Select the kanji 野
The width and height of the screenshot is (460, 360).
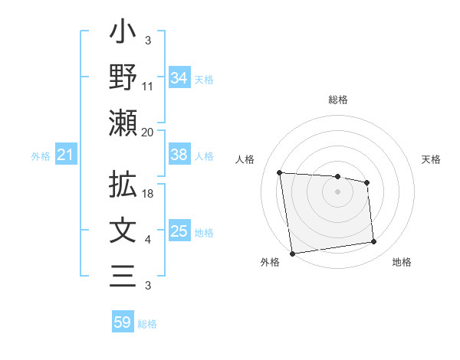tap(123, 77)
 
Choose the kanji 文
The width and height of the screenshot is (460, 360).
tap(123, 231)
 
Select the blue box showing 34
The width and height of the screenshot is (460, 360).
tap(179, 77)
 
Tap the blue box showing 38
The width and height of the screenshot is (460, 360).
tap(179, 155)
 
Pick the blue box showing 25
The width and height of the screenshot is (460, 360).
tap(179, 231)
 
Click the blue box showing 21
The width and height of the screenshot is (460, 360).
tap(66, 155)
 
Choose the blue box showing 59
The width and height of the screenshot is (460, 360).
tap(123, 322)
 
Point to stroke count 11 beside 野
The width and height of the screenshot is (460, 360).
tap(149, 87)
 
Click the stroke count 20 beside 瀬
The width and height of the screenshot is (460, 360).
tap(149, 133)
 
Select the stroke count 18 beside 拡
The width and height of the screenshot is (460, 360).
tap(149, 195)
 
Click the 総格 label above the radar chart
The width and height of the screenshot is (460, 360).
tap(337, 100)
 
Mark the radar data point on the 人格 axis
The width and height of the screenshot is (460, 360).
tap(280, 172)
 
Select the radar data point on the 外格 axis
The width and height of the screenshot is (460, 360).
tap(292, 253)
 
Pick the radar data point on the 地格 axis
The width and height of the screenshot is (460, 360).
tap(374, 242)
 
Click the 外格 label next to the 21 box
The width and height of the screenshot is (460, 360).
tap(41, 156)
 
